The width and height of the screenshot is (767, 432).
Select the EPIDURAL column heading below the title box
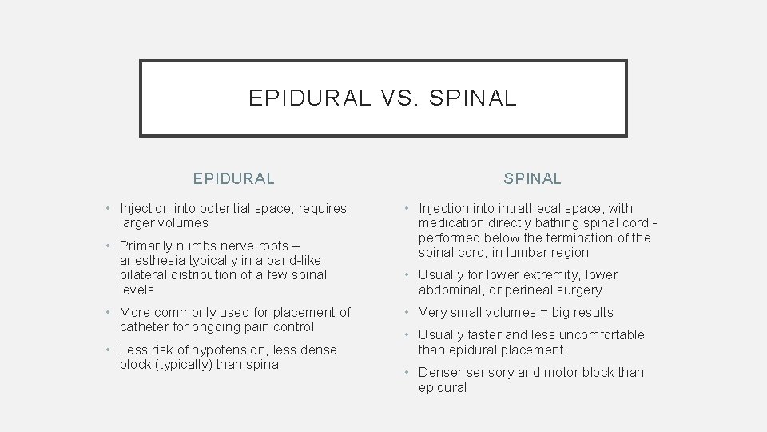[x=234, y=178]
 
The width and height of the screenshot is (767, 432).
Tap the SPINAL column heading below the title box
[x=532, y=178]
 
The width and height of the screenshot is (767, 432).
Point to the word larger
[x=140, y=222]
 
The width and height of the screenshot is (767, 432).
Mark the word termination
[x=578, y=238]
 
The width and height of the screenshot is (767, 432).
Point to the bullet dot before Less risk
[x=109, y=350]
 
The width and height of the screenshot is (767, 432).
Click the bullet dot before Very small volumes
[x=407, y=312]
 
